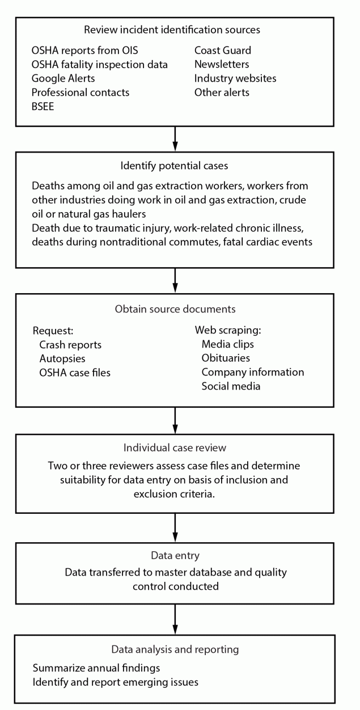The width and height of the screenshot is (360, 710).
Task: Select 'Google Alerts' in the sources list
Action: (x=63, y=78)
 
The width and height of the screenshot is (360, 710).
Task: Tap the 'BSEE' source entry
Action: (x=43, y=106)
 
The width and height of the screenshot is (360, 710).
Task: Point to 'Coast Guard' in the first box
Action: (x=222, y=50)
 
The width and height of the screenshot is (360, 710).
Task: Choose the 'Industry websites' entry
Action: (x=235, y=78)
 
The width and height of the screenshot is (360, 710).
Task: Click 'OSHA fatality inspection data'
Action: (x=100, y=64)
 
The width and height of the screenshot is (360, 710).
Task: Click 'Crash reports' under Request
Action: (x=70, y=344)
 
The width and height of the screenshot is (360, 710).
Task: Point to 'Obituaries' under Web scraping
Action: (x=226, y=358)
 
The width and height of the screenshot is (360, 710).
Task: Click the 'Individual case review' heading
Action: (x=175, y=447)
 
